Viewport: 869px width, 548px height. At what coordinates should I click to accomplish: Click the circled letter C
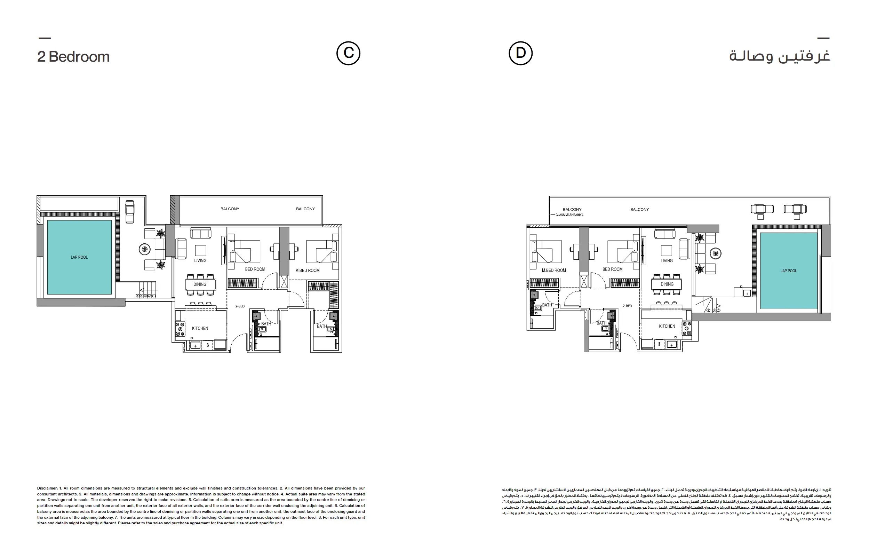[348, 54]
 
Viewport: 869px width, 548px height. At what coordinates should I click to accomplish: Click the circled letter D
[520, 54]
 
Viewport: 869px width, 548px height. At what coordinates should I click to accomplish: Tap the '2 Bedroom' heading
[73, 57]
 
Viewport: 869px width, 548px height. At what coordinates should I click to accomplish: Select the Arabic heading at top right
[780, 56]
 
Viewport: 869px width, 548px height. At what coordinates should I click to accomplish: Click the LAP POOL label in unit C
[79, 257]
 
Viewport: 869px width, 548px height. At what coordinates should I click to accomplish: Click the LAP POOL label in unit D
[789, 271]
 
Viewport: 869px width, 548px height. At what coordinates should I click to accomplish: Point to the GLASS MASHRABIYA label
[569, 215]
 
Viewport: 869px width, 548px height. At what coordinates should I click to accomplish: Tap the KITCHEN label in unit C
[200, 328]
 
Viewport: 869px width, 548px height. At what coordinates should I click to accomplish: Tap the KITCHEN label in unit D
[667, 326]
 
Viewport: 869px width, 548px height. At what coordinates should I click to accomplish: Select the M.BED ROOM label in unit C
[307, 270]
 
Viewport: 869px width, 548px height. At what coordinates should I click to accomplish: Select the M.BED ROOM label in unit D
[554, 270]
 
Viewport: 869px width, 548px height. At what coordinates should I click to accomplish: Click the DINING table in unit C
[200, 284]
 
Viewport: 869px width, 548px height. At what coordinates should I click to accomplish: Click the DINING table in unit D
[667, 284]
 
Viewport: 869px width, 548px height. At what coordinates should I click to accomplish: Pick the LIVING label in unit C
[200, 260]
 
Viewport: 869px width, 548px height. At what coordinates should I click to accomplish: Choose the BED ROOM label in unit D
[612, 269]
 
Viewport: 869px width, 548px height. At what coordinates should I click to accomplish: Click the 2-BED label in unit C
[240, 306]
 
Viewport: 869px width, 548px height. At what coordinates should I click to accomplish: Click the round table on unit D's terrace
[716, 253]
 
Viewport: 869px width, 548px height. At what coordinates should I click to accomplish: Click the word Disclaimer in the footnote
[47, 488]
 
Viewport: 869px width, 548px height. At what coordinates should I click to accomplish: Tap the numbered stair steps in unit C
[146, 296]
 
